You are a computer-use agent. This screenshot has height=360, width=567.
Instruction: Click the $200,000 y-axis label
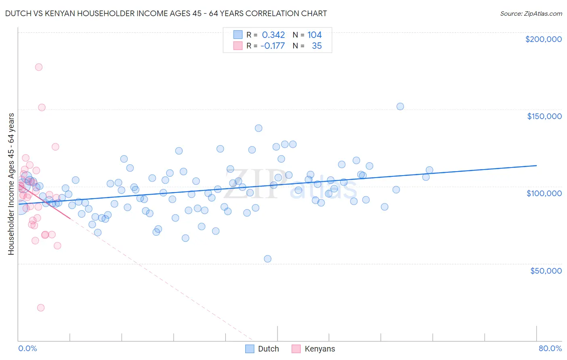pyautogui.click(x=543, y=39)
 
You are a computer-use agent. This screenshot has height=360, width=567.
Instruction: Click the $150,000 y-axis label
pyautogui.click(x=544, y=116)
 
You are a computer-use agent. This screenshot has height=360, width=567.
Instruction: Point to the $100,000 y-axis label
pyautogui.click(x=544, y=193)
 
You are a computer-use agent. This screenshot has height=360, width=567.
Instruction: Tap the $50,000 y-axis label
pyautogui.click(x=546, y=271)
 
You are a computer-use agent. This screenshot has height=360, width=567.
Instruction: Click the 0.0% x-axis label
pyautogui.click(x=27, y=348)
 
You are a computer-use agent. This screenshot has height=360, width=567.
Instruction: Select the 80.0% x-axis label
pyautogui.click(x=550, y=348)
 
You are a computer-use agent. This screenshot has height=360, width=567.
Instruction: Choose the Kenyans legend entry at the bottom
pyautogui.click(x=314, y=349)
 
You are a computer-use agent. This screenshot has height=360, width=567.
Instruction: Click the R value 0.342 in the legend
pyautogui.click(x=273, y=35)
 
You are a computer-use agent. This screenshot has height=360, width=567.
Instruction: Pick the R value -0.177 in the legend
pyautogui.click(x=273, y=46)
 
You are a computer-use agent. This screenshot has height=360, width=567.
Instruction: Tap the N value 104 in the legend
pyautogui.click(x=315, y=35)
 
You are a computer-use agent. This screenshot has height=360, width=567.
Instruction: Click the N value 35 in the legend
pyautogui.click(x=317, y=46)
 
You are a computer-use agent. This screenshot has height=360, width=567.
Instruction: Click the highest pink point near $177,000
pyautogui.click(x=39, y=67)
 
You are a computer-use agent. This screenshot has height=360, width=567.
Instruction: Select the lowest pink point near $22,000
pyautogui.click(x=41, y=308)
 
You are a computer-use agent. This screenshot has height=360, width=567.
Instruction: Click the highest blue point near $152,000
pyautogui.click(x=400, y=107)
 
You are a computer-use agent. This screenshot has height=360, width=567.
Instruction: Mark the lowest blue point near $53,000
pyautogui.click(x=267, y=259)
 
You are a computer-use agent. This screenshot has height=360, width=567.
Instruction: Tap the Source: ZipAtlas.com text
pyautogui.click(x=531, y=14)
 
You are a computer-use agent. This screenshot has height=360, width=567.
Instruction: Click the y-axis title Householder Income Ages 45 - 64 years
pyautogui.click(x=11, y=184)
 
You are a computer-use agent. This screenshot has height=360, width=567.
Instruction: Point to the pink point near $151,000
pyautogui.click(x=42, y=107)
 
